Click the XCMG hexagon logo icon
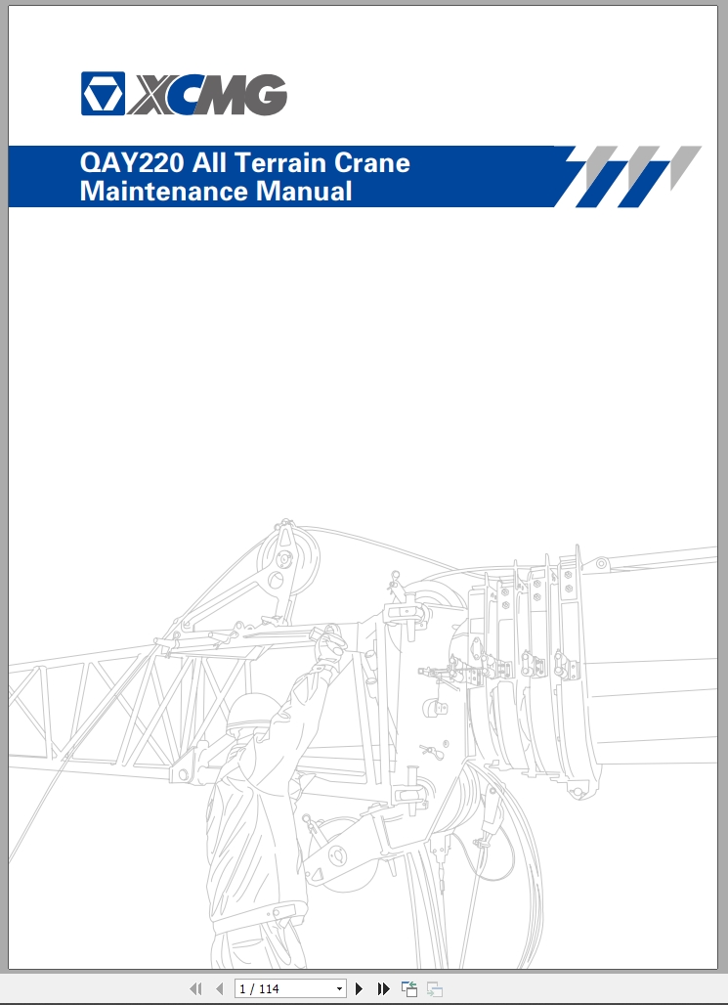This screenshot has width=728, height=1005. (102, 93)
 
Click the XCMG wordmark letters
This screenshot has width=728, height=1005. (207, 94)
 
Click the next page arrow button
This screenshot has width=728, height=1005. (360, 988)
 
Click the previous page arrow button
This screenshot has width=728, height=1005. (219, 988)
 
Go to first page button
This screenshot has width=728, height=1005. (195, 988)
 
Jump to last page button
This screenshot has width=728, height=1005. (384, 988)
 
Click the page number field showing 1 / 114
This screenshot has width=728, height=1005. (283, 988)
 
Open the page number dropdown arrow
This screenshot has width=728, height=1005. (339, 988)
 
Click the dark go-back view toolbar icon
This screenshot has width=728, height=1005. (409, 988)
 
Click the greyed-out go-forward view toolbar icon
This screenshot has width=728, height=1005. (435, 988)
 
